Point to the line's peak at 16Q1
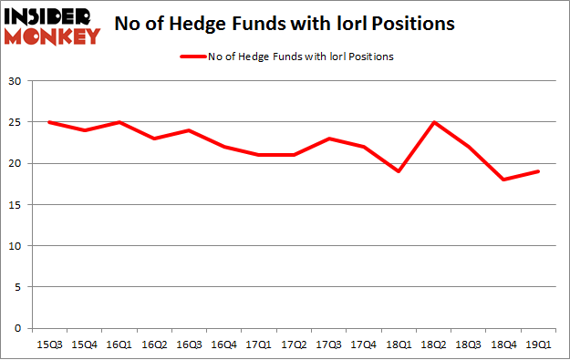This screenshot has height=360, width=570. (x=119, y=122)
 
